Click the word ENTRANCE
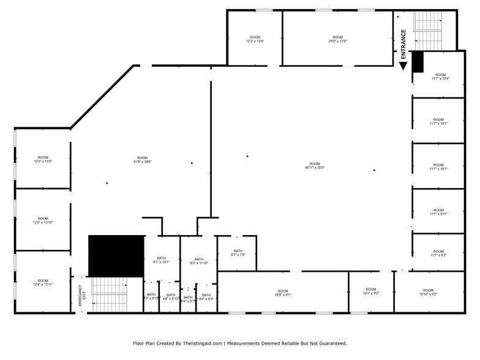(403, 44)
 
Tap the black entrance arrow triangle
(403, 65)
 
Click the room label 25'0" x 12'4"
(338, 39)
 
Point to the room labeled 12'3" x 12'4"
(255, 39)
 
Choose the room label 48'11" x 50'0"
(315, 165)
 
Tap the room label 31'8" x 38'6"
(143, 160)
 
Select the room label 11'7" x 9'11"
(438, 212)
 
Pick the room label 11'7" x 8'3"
(438, 253)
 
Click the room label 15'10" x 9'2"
(428, 292)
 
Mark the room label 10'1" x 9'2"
(371, 291)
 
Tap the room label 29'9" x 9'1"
(283, 293)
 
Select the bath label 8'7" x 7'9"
(238, 253)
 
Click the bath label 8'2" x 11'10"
(199, 261)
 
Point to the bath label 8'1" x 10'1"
(162, 261)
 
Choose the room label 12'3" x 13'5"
(43, 159)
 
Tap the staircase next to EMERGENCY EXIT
(109, 294)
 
